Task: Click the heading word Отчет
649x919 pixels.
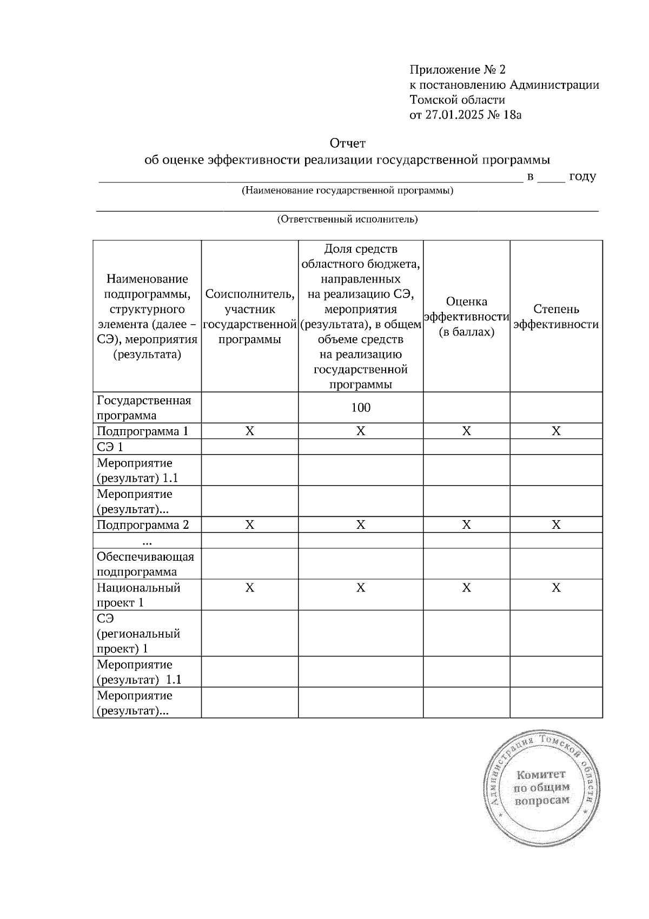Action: point(348,143)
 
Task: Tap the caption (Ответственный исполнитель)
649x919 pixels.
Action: point(347,219)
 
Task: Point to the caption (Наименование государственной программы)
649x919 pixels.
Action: point(347,191)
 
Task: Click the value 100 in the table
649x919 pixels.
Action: point(361,408)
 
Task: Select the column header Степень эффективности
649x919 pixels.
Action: point(556,317)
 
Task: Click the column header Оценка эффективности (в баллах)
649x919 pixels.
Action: point(466,317)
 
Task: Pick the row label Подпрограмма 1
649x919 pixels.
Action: point(143,431)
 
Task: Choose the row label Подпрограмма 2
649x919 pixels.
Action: point(143,525)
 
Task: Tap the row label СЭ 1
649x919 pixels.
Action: point(110,447)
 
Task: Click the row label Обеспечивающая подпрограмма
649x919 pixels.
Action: point(145,564)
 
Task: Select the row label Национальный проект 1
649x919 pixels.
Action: point(138,595)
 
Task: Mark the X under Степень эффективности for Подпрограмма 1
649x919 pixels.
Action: point(556,431)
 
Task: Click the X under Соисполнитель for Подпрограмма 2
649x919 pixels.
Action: point(250,525)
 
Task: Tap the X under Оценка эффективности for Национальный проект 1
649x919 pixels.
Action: point(466,588)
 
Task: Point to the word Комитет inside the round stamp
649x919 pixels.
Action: point(541,774)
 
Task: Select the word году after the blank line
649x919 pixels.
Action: point(582,176)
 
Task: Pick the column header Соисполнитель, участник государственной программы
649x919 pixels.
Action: point(250,317)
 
